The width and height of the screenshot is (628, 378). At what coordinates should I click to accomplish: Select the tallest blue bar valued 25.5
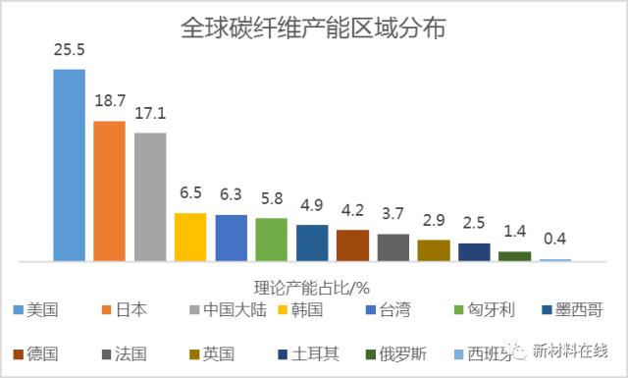69,165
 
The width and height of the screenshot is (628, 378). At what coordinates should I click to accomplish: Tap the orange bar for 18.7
109,191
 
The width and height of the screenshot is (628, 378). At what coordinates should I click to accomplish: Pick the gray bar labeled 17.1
150,196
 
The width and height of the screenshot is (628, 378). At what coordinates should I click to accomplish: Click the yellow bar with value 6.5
190,237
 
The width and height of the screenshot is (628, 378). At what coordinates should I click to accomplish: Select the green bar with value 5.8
271,240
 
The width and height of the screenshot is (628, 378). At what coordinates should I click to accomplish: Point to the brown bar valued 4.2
352,245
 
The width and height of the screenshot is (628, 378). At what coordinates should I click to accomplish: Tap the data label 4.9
312,205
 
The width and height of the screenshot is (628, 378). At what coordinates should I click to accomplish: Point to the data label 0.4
555,240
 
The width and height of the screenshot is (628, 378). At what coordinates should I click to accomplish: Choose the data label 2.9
434,220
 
